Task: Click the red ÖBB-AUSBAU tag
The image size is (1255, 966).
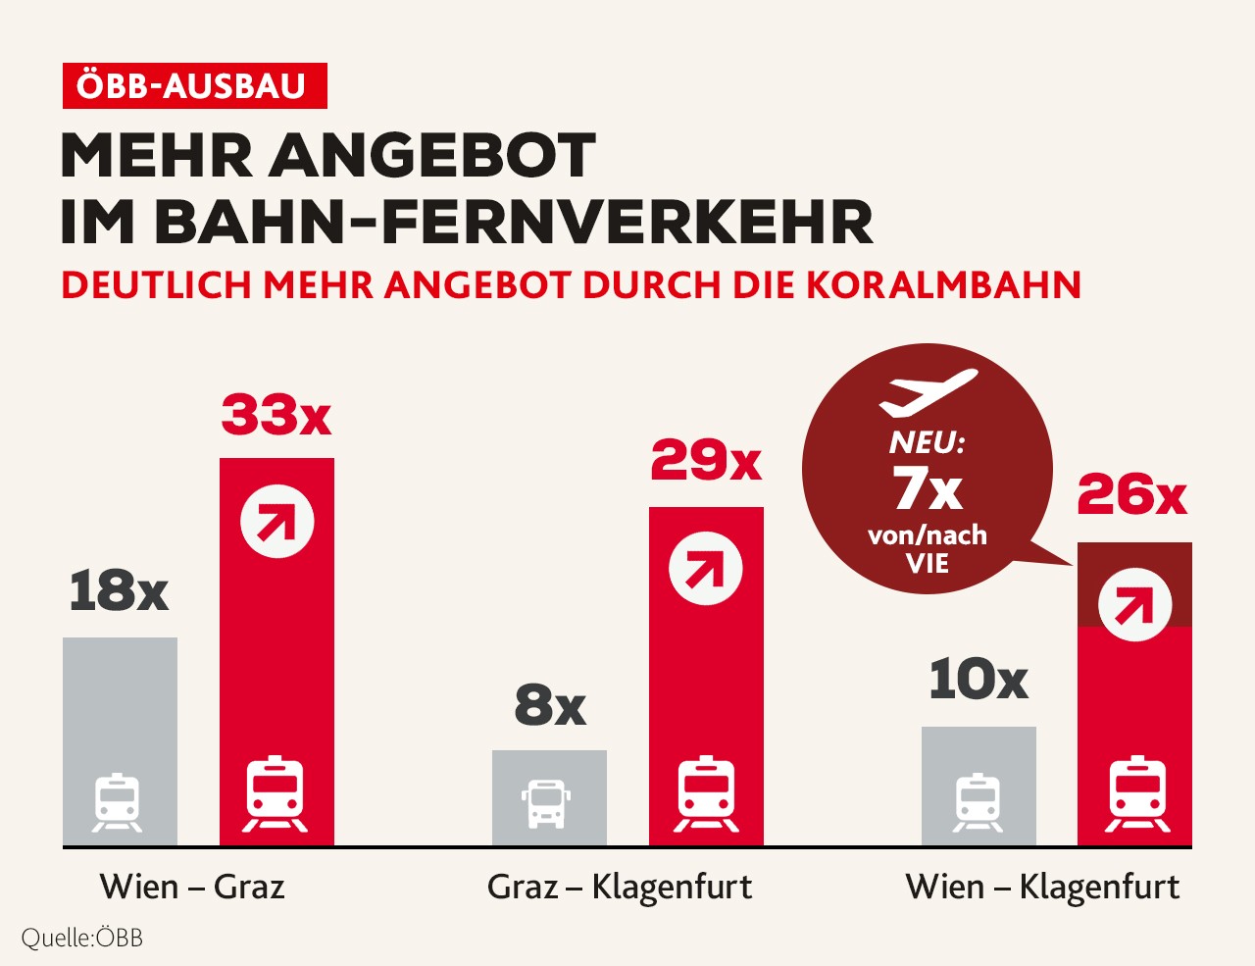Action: (193, 86)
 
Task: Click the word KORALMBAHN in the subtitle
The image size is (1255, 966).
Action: (943, 285)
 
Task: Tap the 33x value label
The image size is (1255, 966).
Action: (276, 416)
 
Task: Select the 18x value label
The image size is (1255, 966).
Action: (119, 591)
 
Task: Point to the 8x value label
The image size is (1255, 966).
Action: (549, 705)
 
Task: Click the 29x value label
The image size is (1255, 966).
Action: (706, 461)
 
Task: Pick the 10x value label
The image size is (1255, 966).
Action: (978, 680)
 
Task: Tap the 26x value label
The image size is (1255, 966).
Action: (1132, 495)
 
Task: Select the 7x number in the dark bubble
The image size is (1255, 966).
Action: (928, 488)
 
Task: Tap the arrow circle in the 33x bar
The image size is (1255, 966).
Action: (277, 521)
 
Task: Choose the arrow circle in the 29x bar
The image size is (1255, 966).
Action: (706, 569)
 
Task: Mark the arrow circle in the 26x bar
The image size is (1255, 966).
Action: (1134, 607)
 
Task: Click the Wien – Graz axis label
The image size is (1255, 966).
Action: (192, 887)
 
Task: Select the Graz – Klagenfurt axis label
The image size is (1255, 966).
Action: (620, 887)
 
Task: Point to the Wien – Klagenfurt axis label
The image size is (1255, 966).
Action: (1042, 887)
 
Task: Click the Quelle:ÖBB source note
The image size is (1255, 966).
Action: (82, 938)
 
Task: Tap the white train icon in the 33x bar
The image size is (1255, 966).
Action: (276, 793)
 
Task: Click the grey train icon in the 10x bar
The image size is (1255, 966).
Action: (978, 802)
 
